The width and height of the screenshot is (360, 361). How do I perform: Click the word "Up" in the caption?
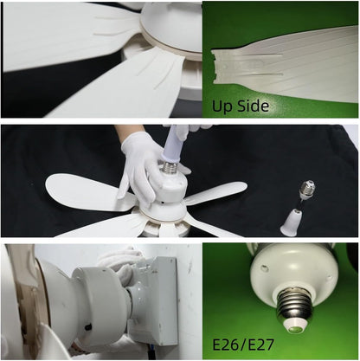[x=224, y=106]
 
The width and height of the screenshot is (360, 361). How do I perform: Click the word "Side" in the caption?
[x=253, y=106]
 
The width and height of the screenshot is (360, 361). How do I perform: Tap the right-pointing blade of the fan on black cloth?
[x=216, y=192]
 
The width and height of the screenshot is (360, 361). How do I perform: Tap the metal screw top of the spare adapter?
[x=305, y=189]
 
